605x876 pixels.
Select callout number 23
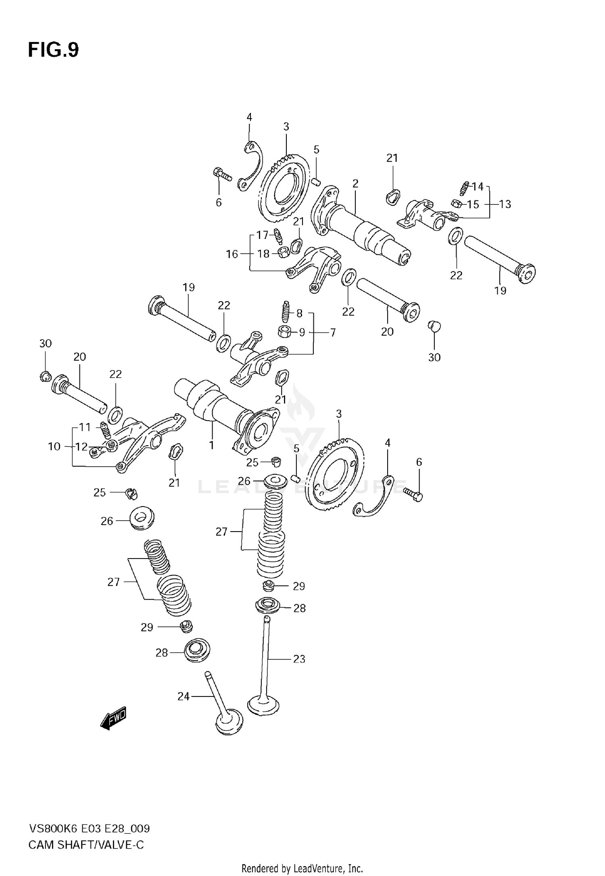pos(299,659)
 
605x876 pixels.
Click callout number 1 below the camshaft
pos(211,445)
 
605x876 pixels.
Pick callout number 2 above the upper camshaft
pos(355,184)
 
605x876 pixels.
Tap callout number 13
pos(505,204)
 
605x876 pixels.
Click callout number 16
pos(232,254)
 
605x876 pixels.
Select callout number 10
pos(54,446)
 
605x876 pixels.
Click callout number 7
pos(333,333)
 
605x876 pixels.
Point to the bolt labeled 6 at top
pos(221,174)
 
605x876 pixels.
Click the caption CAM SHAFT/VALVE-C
pos(86,845)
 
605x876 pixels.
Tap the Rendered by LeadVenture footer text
pos(302,868)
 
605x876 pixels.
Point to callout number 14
pos(478,186)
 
